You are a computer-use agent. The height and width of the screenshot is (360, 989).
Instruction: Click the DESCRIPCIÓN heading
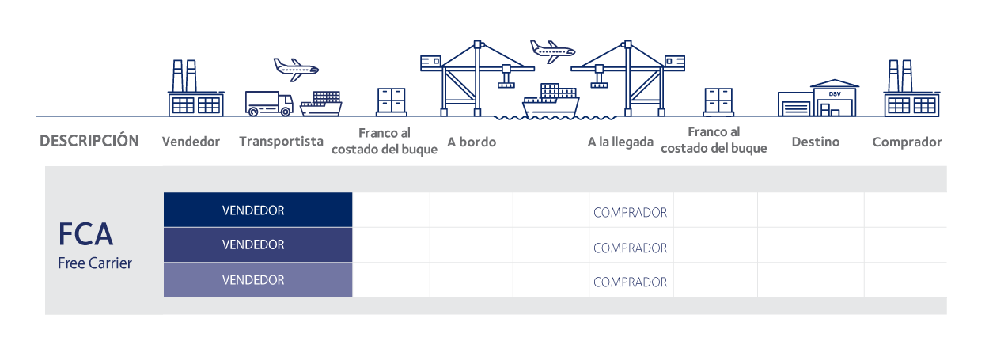(x=89, y=142)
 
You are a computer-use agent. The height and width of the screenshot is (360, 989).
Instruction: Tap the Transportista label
(x=281, y=142)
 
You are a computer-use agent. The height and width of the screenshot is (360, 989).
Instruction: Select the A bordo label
(x=472, y=142)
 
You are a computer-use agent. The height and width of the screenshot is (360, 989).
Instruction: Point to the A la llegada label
(x=620, y=142)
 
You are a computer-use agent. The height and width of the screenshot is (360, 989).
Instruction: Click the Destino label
(x=815, y=142)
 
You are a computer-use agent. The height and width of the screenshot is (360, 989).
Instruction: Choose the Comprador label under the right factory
(x=907, y=142)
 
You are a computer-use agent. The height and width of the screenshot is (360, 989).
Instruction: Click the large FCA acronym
(x=86, y=235)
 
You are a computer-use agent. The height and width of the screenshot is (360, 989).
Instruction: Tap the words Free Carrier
(x=95, y=263)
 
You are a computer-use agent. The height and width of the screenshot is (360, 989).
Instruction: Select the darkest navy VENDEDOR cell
(x=257, y=210)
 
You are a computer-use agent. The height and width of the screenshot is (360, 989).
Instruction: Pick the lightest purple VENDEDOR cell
(x=257, y=280)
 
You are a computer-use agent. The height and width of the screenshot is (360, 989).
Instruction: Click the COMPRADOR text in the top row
(x=630, y=213)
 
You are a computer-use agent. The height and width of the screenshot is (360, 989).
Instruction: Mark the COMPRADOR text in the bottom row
(x=630, y=282)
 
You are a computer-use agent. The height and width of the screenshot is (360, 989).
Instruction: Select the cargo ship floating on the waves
(x=551, y=100)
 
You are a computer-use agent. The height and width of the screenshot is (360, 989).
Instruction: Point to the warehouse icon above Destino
(x=819, y=97)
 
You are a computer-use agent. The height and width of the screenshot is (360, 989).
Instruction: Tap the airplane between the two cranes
(x=551, y=51)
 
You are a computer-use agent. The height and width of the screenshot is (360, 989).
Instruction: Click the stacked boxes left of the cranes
(x=391, y=101)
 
